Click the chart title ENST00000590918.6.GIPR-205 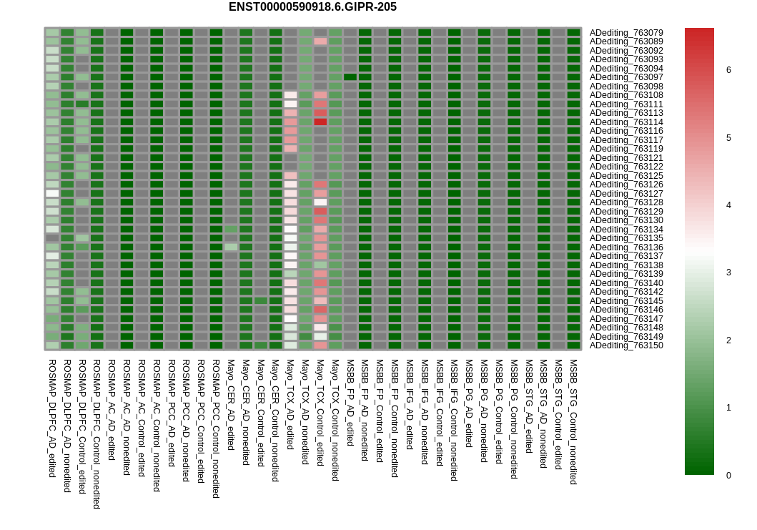pyautogui.click(x=312, y=6)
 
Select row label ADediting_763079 pyautogui.click(x=626, y=33)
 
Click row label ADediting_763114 pyautogui.click(x=626, y=122)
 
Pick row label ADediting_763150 pyautogui.click(x=626, y=345)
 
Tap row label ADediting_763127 pyautogui.click(x=626, y=194)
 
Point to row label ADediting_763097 pyautogui.click(x=626, y=77)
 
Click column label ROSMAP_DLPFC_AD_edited pyautogui.click(x=53, y=418)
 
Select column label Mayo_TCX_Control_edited pyautogui.click(x=320, y=413)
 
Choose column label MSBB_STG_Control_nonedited pyautogui.click(x=573, y=422)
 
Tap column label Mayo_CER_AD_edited pyautogui.click(x=231, y=405)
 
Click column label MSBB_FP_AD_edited pyautogui.click(x=350, y=403)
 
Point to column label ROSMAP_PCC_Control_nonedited pyautogui.click(x=216, y=428)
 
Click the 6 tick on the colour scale pyautogui.click(x=728, y=70)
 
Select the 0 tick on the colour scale pyautogui.click(x=728, y=476)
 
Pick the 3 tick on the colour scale pyautogui.click(x=728, y=273)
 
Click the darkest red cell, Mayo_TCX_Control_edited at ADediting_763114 pyautogui.click(x=320, y=122)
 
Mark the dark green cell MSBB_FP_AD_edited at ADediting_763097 pyautogui.click(x=350, y=77)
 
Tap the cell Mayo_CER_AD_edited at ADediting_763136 pyautogui.click(x=231, y=247)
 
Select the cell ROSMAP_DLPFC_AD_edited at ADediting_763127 pyautogui.click(x=53, y=194)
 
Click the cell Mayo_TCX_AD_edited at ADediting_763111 pyautogui.click(x=291, y=104)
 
